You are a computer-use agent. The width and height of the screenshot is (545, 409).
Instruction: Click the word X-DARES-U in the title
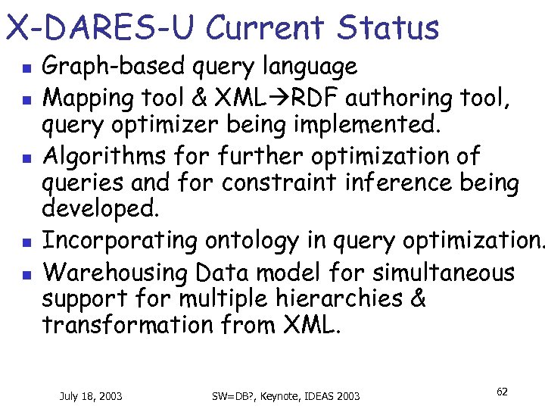tap(101, 28)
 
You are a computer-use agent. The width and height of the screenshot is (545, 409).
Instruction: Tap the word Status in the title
tap(388, 28)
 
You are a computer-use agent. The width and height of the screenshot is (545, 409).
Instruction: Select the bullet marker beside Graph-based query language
tap(25, 68)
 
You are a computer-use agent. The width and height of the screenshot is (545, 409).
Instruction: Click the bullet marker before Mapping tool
tap(25, 98)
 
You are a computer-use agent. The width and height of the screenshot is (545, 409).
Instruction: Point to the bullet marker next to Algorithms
tap(25, 158)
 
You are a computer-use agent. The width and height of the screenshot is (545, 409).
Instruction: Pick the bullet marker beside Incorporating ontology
tap(25, 243)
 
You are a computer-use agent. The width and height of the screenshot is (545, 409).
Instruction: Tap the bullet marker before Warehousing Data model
tap(25, 273)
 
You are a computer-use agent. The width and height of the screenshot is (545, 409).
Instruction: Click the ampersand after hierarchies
tap(417, 298)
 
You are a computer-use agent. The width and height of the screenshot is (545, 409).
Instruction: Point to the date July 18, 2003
tap(92, 395)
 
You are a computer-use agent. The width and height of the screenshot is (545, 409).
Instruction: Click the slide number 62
tap(502, 392)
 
